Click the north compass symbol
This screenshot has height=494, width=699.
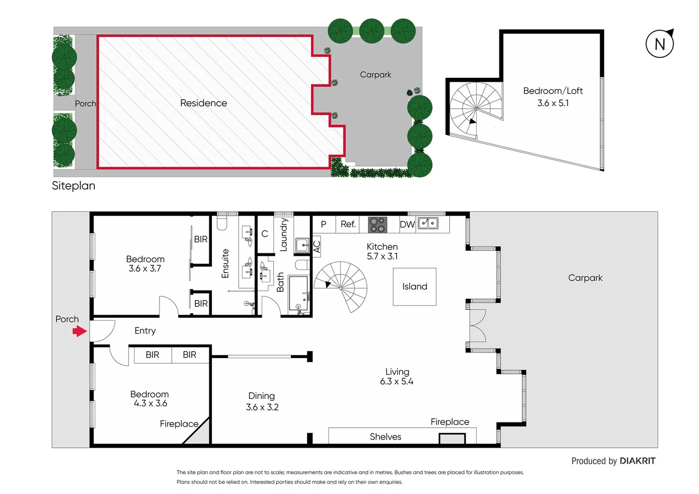[660, 44]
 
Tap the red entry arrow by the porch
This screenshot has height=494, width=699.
[80, 331]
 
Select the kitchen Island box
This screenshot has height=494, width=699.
[414, 287]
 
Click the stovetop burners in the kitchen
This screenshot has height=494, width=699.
[378, 225]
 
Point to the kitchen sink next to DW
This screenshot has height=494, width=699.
[428, 223]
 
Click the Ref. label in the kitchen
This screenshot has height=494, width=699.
[348, 224]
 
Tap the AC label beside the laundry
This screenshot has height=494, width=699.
[317, 246]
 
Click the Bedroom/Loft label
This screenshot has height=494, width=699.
[553, 91]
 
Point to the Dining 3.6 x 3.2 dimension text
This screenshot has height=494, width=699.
[262, 407]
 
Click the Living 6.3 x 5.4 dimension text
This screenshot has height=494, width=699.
[397, 381]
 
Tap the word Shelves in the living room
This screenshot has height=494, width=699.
[385, 437]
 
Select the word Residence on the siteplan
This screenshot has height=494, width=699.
[204, 103]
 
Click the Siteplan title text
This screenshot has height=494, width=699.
[74, 186]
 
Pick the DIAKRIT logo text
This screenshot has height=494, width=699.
[637, 461]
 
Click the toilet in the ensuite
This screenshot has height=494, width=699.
[222, 223]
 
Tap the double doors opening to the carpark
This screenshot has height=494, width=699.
[478, 326]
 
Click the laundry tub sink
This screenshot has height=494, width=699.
[302, 245]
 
